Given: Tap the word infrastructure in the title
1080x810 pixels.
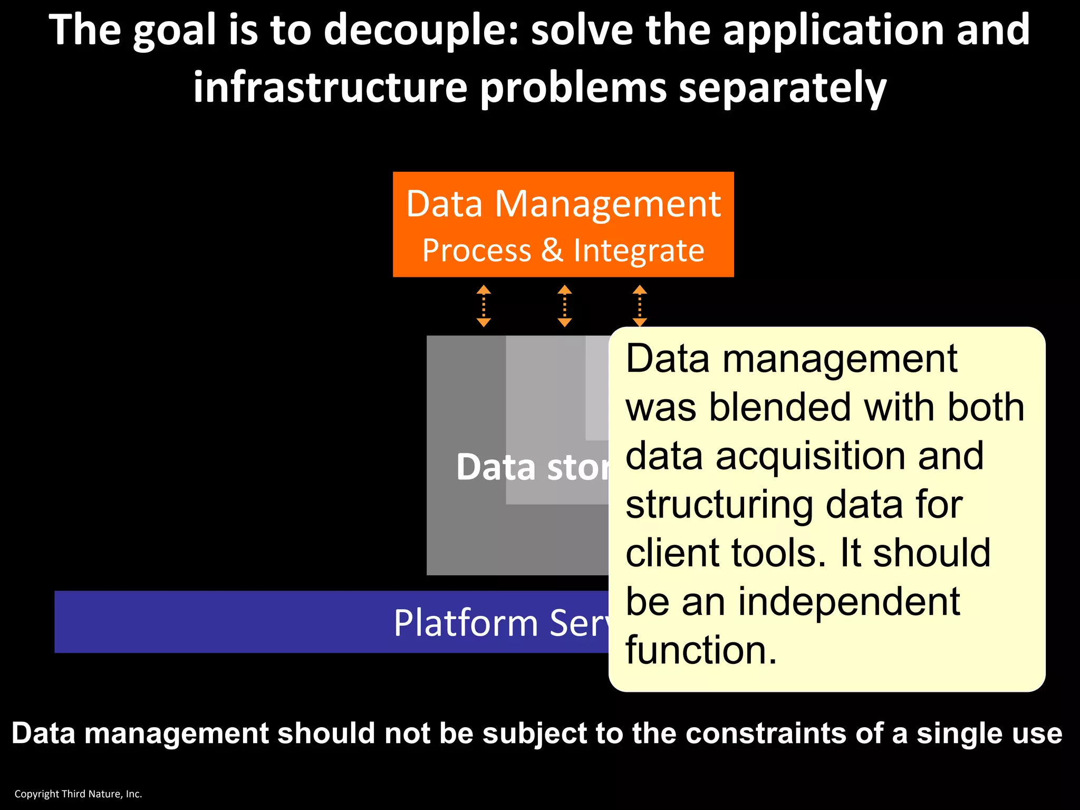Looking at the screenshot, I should pyautogui.click(x=330, y=87).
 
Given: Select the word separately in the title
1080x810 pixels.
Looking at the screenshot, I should pyautogui.click(x=783, y=88).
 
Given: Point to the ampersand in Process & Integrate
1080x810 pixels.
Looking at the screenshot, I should pyautogui.click(x=552, y=249).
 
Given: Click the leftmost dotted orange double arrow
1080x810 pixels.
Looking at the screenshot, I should pyautogui.click(x=484, y=306).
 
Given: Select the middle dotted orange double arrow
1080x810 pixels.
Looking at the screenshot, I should pyautogui.click(x=564, y=306).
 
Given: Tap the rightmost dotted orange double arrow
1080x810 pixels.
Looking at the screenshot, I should pyautogui.click(x=640, y=306).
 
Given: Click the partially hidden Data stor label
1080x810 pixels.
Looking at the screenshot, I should pyautogui.click(x=533, y=467).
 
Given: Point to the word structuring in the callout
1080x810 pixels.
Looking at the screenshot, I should pyautogui.click(x=719, y=505).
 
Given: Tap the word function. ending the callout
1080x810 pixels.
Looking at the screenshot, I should pyautogui.click(x=701, y=650).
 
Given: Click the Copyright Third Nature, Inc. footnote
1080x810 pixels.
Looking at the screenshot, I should pyautogui.click(x=78, y=794).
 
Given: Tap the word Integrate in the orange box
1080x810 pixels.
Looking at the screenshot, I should pyautogui.click(x=639, y=250).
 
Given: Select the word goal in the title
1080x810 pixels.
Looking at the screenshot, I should pyautogui.click(x=174, y=31).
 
